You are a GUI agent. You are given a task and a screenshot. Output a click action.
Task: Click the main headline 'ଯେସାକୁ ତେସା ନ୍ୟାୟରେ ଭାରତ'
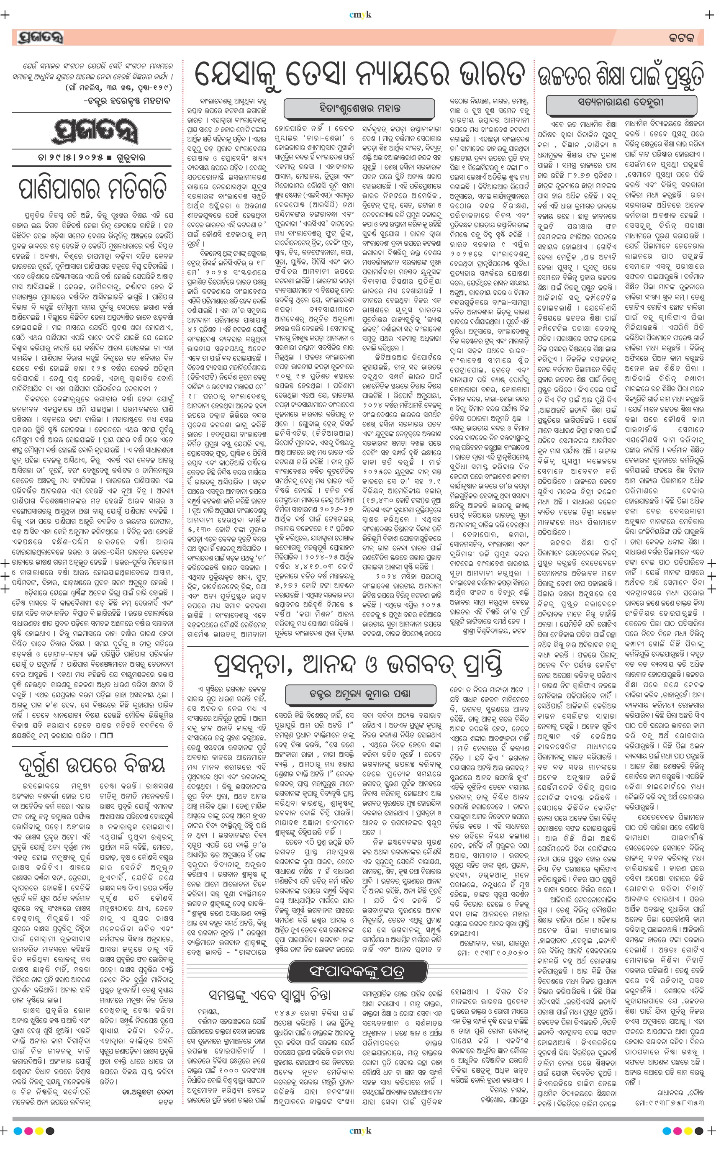(360, 75)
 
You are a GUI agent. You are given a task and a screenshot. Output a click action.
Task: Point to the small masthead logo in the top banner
(40, 37)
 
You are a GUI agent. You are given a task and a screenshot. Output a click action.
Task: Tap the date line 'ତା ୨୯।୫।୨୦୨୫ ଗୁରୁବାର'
(91, 157)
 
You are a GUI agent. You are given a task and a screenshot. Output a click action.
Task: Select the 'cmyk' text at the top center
(360, 15)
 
